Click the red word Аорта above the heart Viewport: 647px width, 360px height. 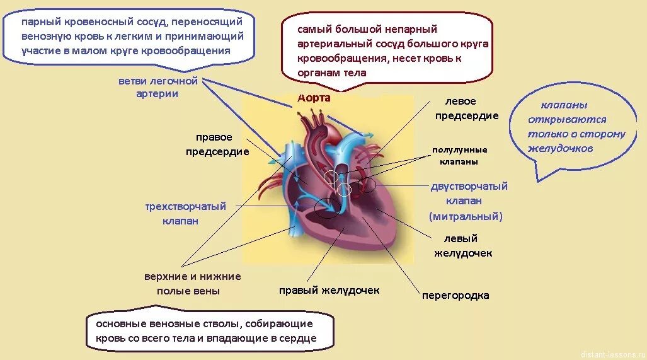click(x=314, y=98)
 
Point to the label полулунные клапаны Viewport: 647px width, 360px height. click(x=459, y=156)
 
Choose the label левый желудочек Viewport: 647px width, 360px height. click(x=463, y=246)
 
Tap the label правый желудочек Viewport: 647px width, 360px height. click(x=329, y=291)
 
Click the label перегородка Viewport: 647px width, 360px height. click(x=455, y=295)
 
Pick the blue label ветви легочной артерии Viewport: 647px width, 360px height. click(x=157, y=88)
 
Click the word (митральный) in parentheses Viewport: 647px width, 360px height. click(x=466, y=216)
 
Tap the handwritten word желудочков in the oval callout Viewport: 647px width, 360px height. click(x=561, y=149)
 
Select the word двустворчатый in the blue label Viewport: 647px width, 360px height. click(x=469, y=187)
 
